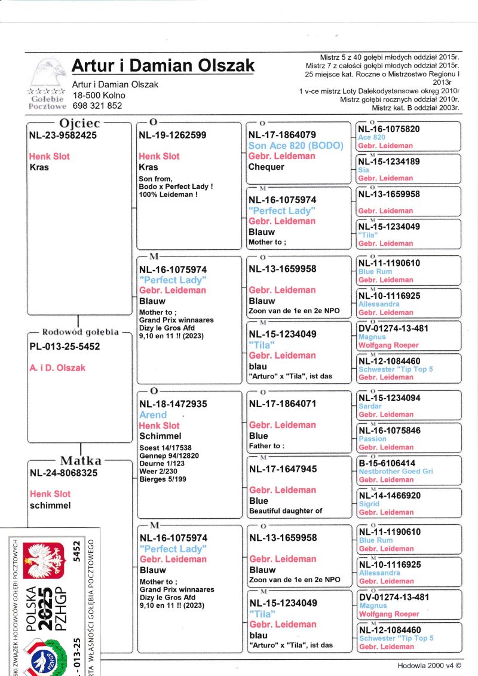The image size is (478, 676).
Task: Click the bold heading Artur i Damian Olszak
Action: (163, 66)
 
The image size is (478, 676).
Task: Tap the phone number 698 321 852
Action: (97, 105)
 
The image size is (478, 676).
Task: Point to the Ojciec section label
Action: (79, 123)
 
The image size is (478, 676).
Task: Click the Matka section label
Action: (81, 461)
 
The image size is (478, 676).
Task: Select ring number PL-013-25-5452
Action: (65, 347)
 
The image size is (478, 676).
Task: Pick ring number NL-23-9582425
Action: (63, 135)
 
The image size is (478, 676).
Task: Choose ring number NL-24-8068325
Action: (63, 473)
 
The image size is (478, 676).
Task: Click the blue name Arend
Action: (153, 415)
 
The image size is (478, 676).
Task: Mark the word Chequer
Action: (266, 167)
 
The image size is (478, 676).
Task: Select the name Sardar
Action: (370, 406)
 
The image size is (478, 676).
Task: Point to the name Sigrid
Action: (369, 504)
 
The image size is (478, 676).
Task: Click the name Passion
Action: (372, 439)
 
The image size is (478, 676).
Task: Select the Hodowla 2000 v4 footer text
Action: (429, 665)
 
